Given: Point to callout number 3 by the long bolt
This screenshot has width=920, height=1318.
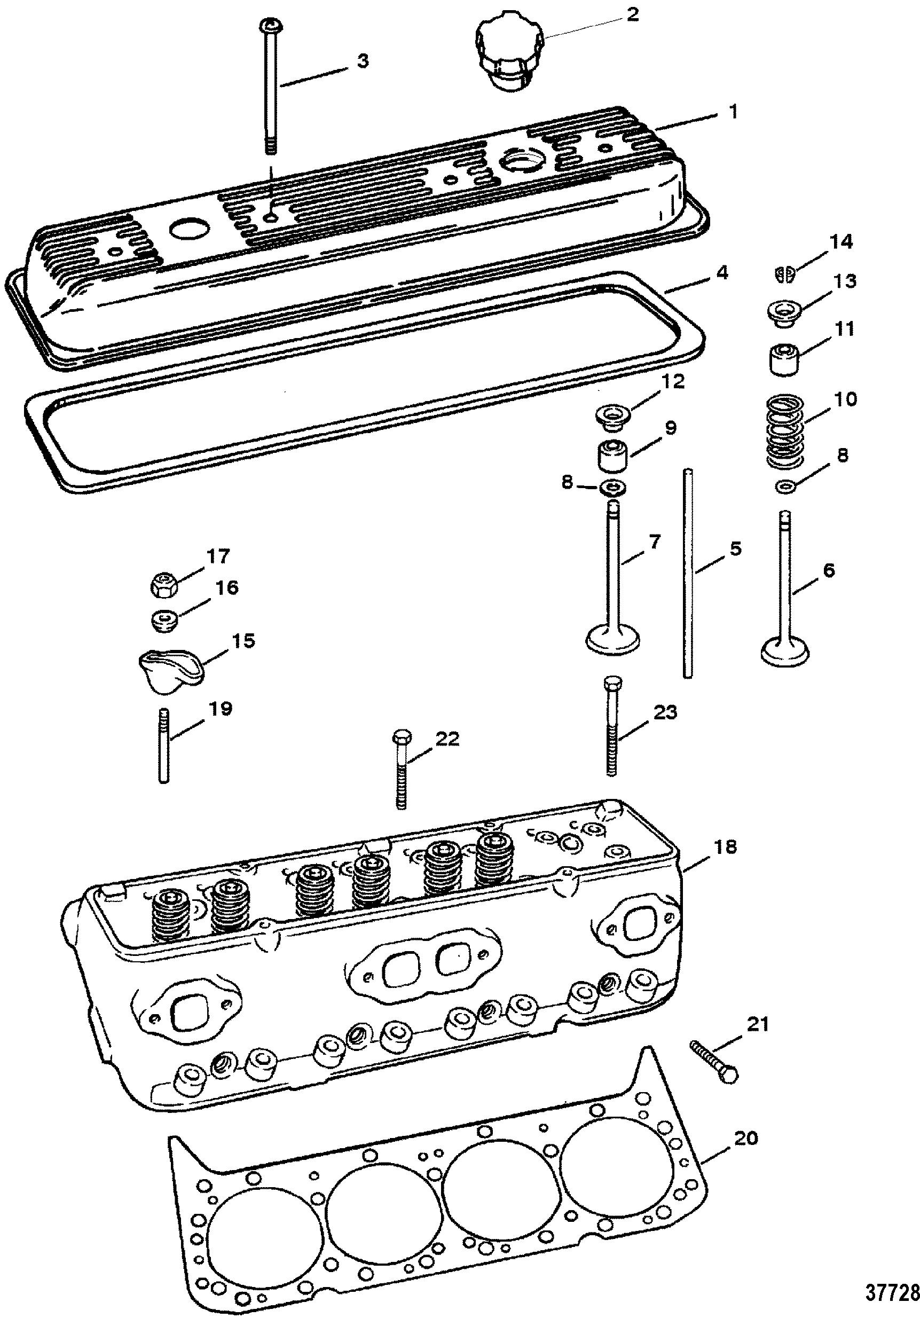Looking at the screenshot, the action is click(363, 61).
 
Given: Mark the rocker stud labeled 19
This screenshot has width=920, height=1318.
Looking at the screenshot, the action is click(164, 744).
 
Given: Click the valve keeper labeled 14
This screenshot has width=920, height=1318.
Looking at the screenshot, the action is click(784, 274).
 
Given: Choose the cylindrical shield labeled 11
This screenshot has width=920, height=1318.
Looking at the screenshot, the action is click(784, 359).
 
